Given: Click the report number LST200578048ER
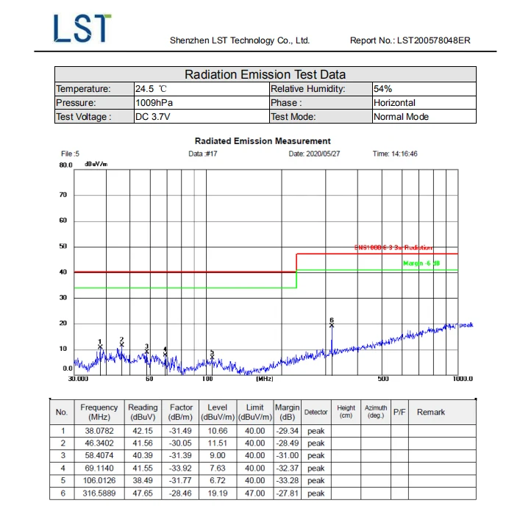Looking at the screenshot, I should click(x=410, y=40).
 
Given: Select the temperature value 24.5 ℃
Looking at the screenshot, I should click(x=152, y=89).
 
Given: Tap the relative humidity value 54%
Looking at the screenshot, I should click(x=383, y=89).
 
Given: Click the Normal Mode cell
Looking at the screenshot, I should click(x=401, y=117).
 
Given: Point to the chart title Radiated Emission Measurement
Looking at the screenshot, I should click(x=263, y=140).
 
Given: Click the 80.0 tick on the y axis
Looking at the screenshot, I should click(x=66, y=165).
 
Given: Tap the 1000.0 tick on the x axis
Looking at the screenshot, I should click(x=463, y=379).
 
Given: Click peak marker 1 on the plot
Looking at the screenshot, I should click(x=100, y=346).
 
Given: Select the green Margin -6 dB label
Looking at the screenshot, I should click(x=421, y=263).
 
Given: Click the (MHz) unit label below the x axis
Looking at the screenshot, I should click(x=265, y=379).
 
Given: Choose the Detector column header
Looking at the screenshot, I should click(x=316, y=412).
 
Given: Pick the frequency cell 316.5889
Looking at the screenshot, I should click(x=99, y=493).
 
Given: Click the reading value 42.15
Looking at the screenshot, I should click(x=143, y=431).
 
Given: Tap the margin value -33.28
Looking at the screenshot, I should click(x=287, y=480).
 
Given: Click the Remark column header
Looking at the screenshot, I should click(x=431, y=412).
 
